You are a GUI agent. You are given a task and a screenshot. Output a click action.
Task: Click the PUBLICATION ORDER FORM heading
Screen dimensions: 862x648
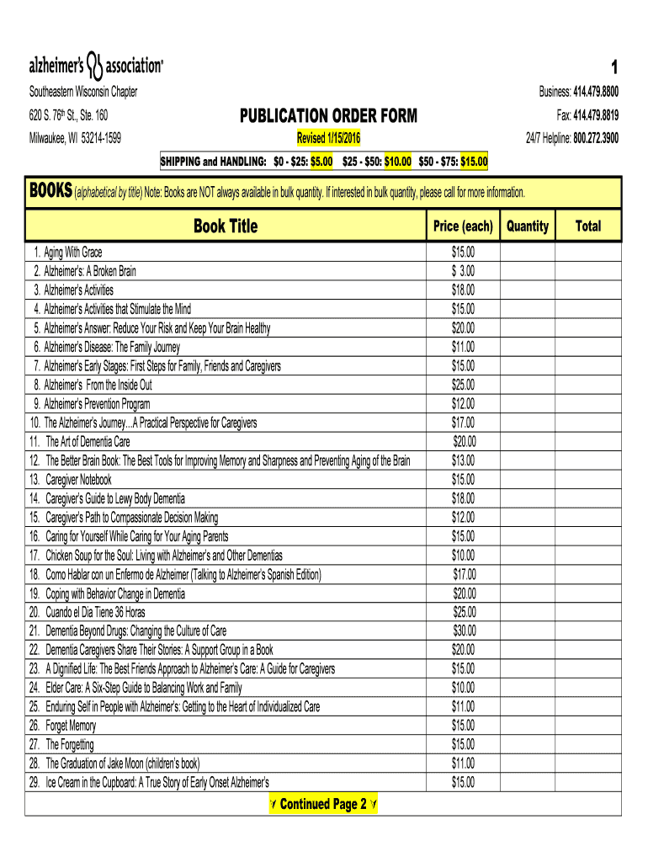point(328,115)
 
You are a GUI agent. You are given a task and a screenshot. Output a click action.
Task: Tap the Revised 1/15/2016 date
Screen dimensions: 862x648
point(328,137)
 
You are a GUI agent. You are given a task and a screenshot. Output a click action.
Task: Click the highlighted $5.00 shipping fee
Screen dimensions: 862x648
point(321,161)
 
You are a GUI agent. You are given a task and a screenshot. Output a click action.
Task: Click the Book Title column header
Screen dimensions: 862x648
point(226,226)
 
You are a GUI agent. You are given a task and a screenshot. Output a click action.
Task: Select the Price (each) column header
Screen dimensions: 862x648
point(463,226)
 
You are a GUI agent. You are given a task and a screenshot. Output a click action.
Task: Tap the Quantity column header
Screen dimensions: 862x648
point(528,226)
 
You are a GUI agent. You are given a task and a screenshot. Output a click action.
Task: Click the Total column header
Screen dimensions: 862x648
point(588,226)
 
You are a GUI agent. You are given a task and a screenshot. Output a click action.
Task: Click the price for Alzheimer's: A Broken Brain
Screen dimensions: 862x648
point(463,271)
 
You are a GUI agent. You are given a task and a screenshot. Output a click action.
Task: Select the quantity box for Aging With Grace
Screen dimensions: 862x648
point(528,252)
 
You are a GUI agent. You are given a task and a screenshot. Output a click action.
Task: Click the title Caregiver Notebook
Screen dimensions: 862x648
point(78,479)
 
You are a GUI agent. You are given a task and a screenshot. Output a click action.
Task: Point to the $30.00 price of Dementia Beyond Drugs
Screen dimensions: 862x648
point(464,631)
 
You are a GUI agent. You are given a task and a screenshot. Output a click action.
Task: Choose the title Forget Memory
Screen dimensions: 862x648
point(71,726)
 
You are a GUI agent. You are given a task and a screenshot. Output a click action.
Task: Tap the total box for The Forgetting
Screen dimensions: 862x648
point(588,744)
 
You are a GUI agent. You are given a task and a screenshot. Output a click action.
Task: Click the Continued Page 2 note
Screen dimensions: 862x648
point(322,805)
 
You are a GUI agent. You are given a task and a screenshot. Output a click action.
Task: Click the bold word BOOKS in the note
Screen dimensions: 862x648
point(50,191)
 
